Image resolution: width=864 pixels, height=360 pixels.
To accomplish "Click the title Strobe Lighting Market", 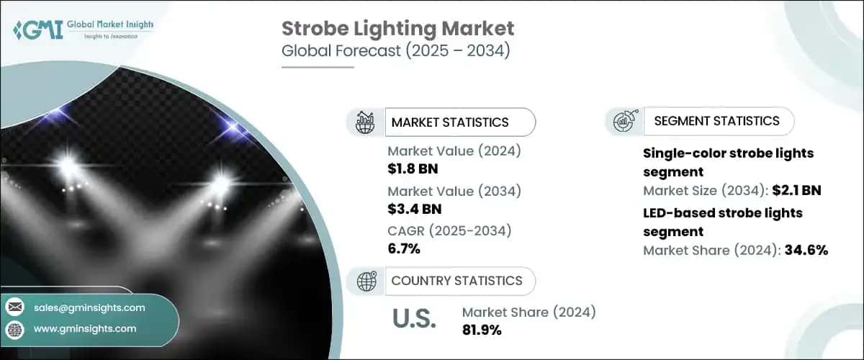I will tap(397, 29).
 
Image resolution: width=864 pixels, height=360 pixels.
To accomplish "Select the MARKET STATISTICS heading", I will tap(449, 122).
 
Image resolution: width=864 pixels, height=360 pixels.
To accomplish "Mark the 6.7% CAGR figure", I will tap(405, 249).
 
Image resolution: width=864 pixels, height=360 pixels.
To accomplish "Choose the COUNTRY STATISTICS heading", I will tap(457, 281).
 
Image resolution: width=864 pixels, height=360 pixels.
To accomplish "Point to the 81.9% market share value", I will tap(482, 330).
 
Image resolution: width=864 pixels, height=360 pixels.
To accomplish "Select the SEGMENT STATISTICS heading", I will tap(716, 121).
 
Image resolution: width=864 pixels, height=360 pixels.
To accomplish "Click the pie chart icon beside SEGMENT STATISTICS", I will tap(624, 122).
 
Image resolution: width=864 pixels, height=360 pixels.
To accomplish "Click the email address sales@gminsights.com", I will tap(89, 307).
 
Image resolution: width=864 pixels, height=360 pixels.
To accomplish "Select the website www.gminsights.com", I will tap(85, 328).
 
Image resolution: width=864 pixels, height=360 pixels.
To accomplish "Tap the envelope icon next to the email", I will tap(15, 307).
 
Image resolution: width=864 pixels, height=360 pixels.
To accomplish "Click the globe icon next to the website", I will tap(15, 329).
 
